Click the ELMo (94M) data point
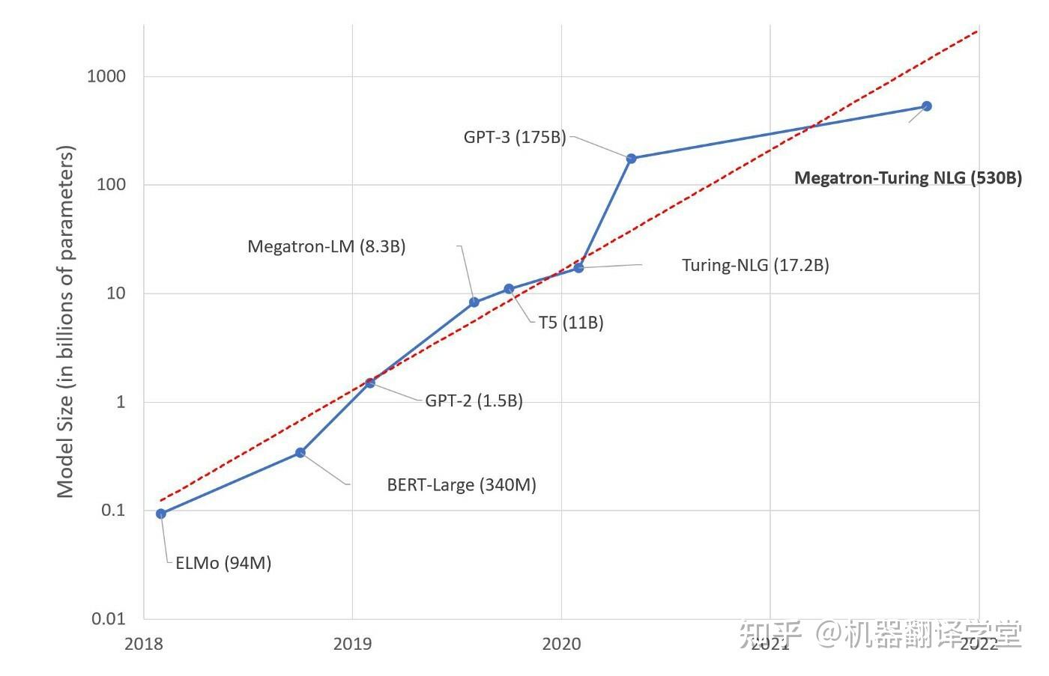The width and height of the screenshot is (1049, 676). click(161, 514)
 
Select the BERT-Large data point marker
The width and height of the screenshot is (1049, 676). click(300, 452)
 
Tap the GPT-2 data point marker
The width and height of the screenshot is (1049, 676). click(370, 383)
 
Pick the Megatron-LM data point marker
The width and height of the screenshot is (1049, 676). click(474, 302)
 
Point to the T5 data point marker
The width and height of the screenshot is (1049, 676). click(509, 289)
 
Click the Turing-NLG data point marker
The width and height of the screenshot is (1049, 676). click(578, 267)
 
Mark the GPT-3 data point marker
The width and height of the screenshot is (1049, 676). click(632, 159)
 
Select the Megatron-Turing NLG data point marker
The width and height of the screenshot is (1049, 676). click(926, 106)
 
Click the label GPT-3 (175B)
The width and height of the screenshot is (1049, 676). click(515, 138)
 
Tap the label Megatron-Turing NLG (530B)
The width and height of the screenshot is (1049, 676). click(907, 178)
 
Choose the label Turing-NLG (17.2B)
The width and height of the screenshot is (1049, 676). click(755, 265)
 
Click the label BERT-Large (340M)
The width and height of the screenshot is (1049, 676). click(462, 485)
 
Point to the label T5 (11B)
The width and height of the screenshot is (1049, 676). click(571, 323)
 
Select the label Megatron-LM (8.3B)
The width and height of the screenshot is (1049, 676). click(327, 246)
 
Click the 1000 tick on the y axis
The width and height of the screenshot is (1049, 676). click(106, 76)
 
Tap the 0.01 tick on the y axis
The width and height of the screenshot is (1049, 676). click(109, 618)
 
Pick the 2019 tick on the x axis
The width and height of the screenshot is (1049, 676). click(352, 644)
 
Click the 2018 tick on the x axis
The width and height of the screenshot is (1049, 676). click(144, 644)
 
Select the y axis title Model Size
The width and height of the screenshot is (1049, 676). click(66, 322)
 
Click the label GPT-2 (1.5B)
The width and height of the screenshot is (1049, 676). click(474, 401)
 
